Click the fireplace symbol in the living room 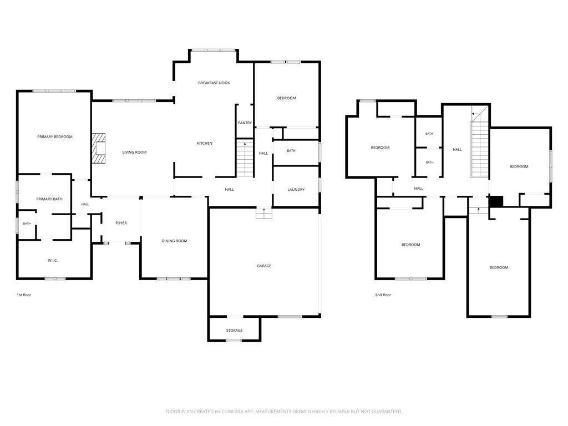click(x=98, y=148)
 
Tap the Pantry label click(x=245, y=123)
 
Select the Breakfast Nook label click(x=214, y=83)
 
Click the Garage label click(x=263, y=266)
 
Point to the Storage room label click(x=234, y=331)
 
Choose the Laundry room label click(x=296, y=190)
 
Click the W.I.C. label click(x=53, y=261)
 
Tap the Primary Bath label click(x=49, y=199)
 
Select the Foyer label click(x=121, y=223)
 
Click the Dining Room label click(x=174, y=241)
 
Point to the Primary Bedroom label click(x=55, y=137)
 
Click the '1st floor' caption click(x=24, y=295)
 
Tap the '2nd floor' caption click(x=383, y=295)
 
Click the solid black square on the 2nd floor click(x=496, y=201)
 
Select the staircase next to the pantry click(x=245, y=158)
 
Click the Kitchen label click(x=204, y=144)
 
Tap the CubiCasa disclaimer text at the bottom click(x=283, y=412)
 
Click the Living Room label click(x=134, y=153)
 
